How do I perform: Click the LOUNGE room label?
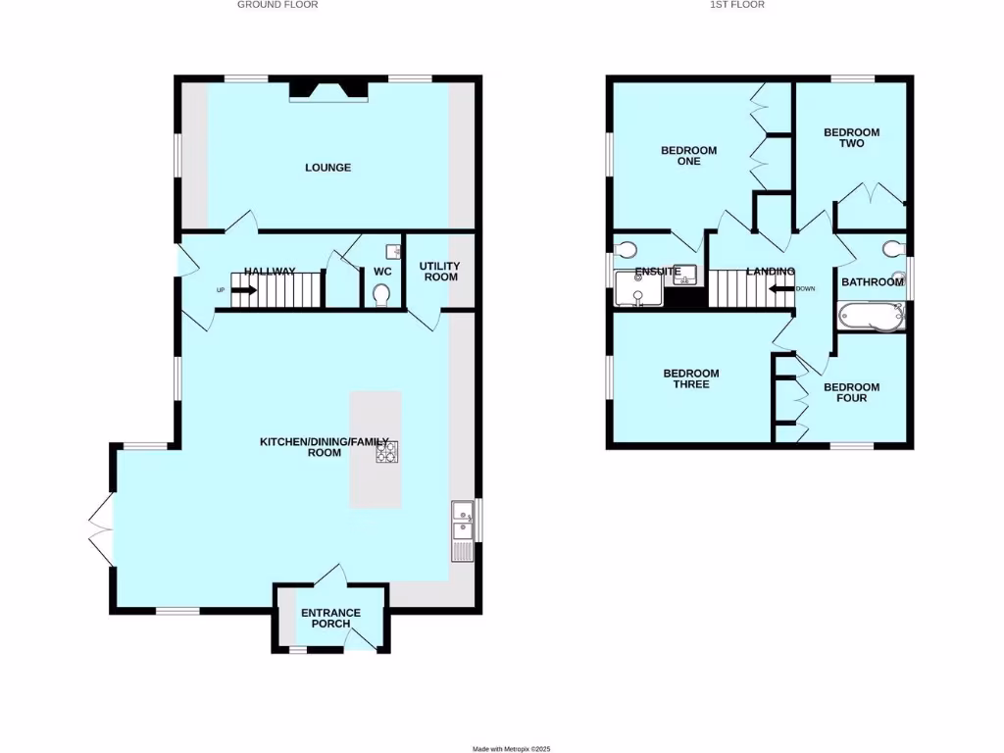tap(327, 168)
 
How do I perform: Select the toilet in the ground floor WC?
tap(382, 294)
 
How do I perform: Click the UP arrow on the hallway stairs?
tap(243, 290)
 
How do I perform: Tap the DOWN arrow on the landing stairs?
tap(781, 288)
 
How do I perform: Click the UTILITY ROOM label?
tap(439, 272)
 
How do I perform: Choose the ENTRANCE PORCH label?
tap(330, 618)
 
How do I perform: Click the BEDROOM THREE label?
tap(691, 378)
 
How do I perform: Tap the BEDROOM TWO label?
tap(851, 137)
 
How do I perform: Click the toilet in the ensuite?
tap(626, 247)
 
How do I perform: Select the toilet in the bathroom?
tap(892, 247)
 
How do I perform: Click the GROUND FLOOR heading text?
tap(277, 5)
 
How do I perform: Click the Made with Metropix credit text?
tap(512, 748)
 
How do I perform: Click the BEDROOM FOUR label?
tap(851, 392)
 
